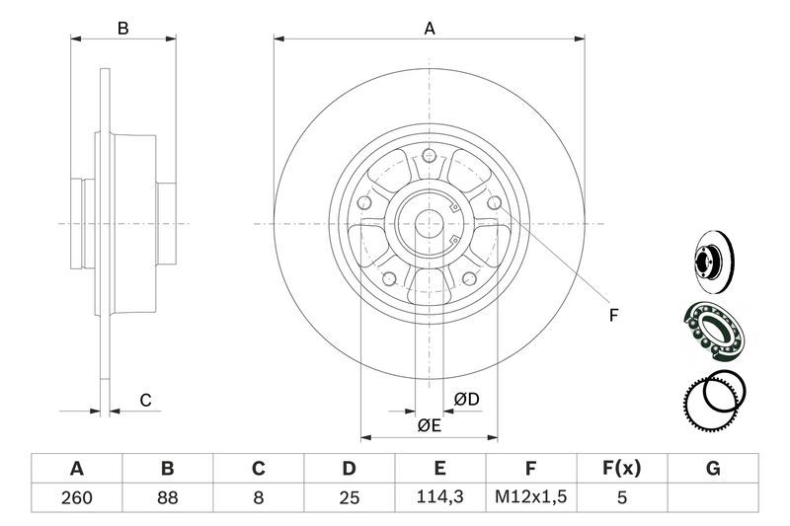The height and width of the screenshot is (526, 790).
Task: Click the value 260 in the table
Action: [x=77, y=497]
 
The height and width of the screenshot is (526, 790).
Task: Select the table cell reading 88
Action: [x=167, y=497]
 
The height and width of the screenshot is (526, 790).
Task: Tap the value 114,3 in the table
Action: [x=439, y=496]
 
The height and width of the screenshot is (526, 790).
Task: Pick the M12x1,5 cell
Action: [x=530, y=496]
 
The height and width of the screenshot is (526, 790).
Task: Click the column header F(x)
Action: [x=622, y=468]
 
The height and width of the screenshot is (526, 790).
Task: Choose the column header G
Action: [x=713, y=469]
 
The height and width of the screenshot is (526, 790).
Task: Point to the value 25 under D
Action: [x=350, y=497]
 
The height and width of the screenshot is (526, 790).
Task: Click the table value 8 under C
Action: [x=258, y=497]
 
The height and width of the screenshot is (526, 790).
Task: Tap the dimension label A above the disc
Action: [x=430, y=29]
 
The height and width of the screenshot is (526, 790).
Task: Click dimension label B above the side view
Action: [x=122, y=29]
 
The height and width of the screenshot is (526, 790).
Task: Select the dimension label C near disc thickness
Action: [x=145, y=401]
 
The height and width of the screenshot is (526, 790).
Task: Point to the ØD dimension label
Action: [x=466, y=400]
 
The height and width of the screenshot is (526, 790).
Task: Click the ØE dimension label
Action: [x=430, y=426]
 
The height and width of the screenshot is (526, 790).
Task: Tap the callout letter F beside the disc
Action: [x=613, y=316]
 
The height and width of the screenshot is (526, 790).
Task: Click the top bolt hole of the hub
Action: [x=429, y=155]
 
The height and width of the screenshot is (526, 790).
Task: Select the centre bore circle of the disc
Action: [x=429, y=223]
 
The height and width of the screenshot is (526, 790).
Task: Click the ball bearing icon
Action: [x=713, y=332]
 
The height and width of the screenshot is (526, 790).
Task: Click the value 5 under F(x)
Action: [x=622, y=497]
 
